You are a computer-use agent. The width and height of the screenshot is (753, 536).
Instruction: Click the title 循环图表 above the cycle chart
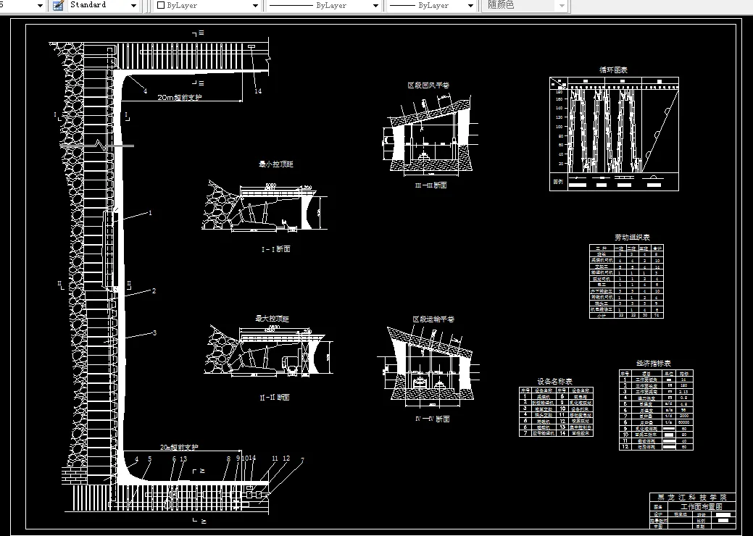tap(612, 70)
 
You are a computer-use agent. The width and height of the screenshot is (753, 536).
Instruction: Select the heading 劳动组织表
tap(632, 237)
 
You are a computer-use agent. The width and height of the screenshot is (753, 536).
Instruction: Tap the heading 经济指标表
tap(654, 363)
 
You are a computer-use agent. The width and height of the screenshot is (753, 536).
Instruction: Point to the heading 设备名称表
tap(554, 381)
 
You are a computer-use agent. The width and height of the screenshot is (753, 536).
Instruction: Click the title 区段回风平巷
tap(428, 85)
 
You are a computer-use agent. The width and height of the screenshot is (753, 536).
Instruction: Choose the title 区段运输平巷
tap(433, 319)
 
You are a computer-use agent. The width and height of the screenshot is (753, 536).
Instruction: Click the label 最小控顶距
tap(275, 164)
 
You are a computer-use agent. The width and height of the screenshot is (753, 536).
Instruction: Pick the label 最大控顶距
tap(272, 319)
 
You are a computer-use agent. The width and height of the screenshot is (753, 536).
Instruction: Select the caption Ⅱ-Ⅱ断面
tap(275, 398)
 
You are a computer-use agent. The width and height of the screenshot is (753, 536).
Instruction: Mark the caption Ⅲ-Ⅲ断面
tap(430, 185)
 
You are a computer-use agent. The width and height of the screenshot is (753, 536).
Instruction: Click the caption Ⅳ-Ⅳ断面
tap(432, 419)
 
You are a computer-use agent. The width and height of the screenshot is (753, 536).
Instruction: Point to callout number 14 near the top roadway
tap(257, 91)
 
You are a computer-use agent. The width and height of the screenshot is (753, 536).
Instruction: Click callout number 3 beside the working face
tap(154, 333)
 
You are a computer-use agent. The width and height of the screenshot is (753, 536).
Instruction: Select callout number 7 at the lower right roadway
tap(301, 460)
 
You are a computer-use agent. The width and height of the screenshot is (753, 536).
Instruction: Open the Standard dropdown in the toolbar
tap(103, 5)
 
